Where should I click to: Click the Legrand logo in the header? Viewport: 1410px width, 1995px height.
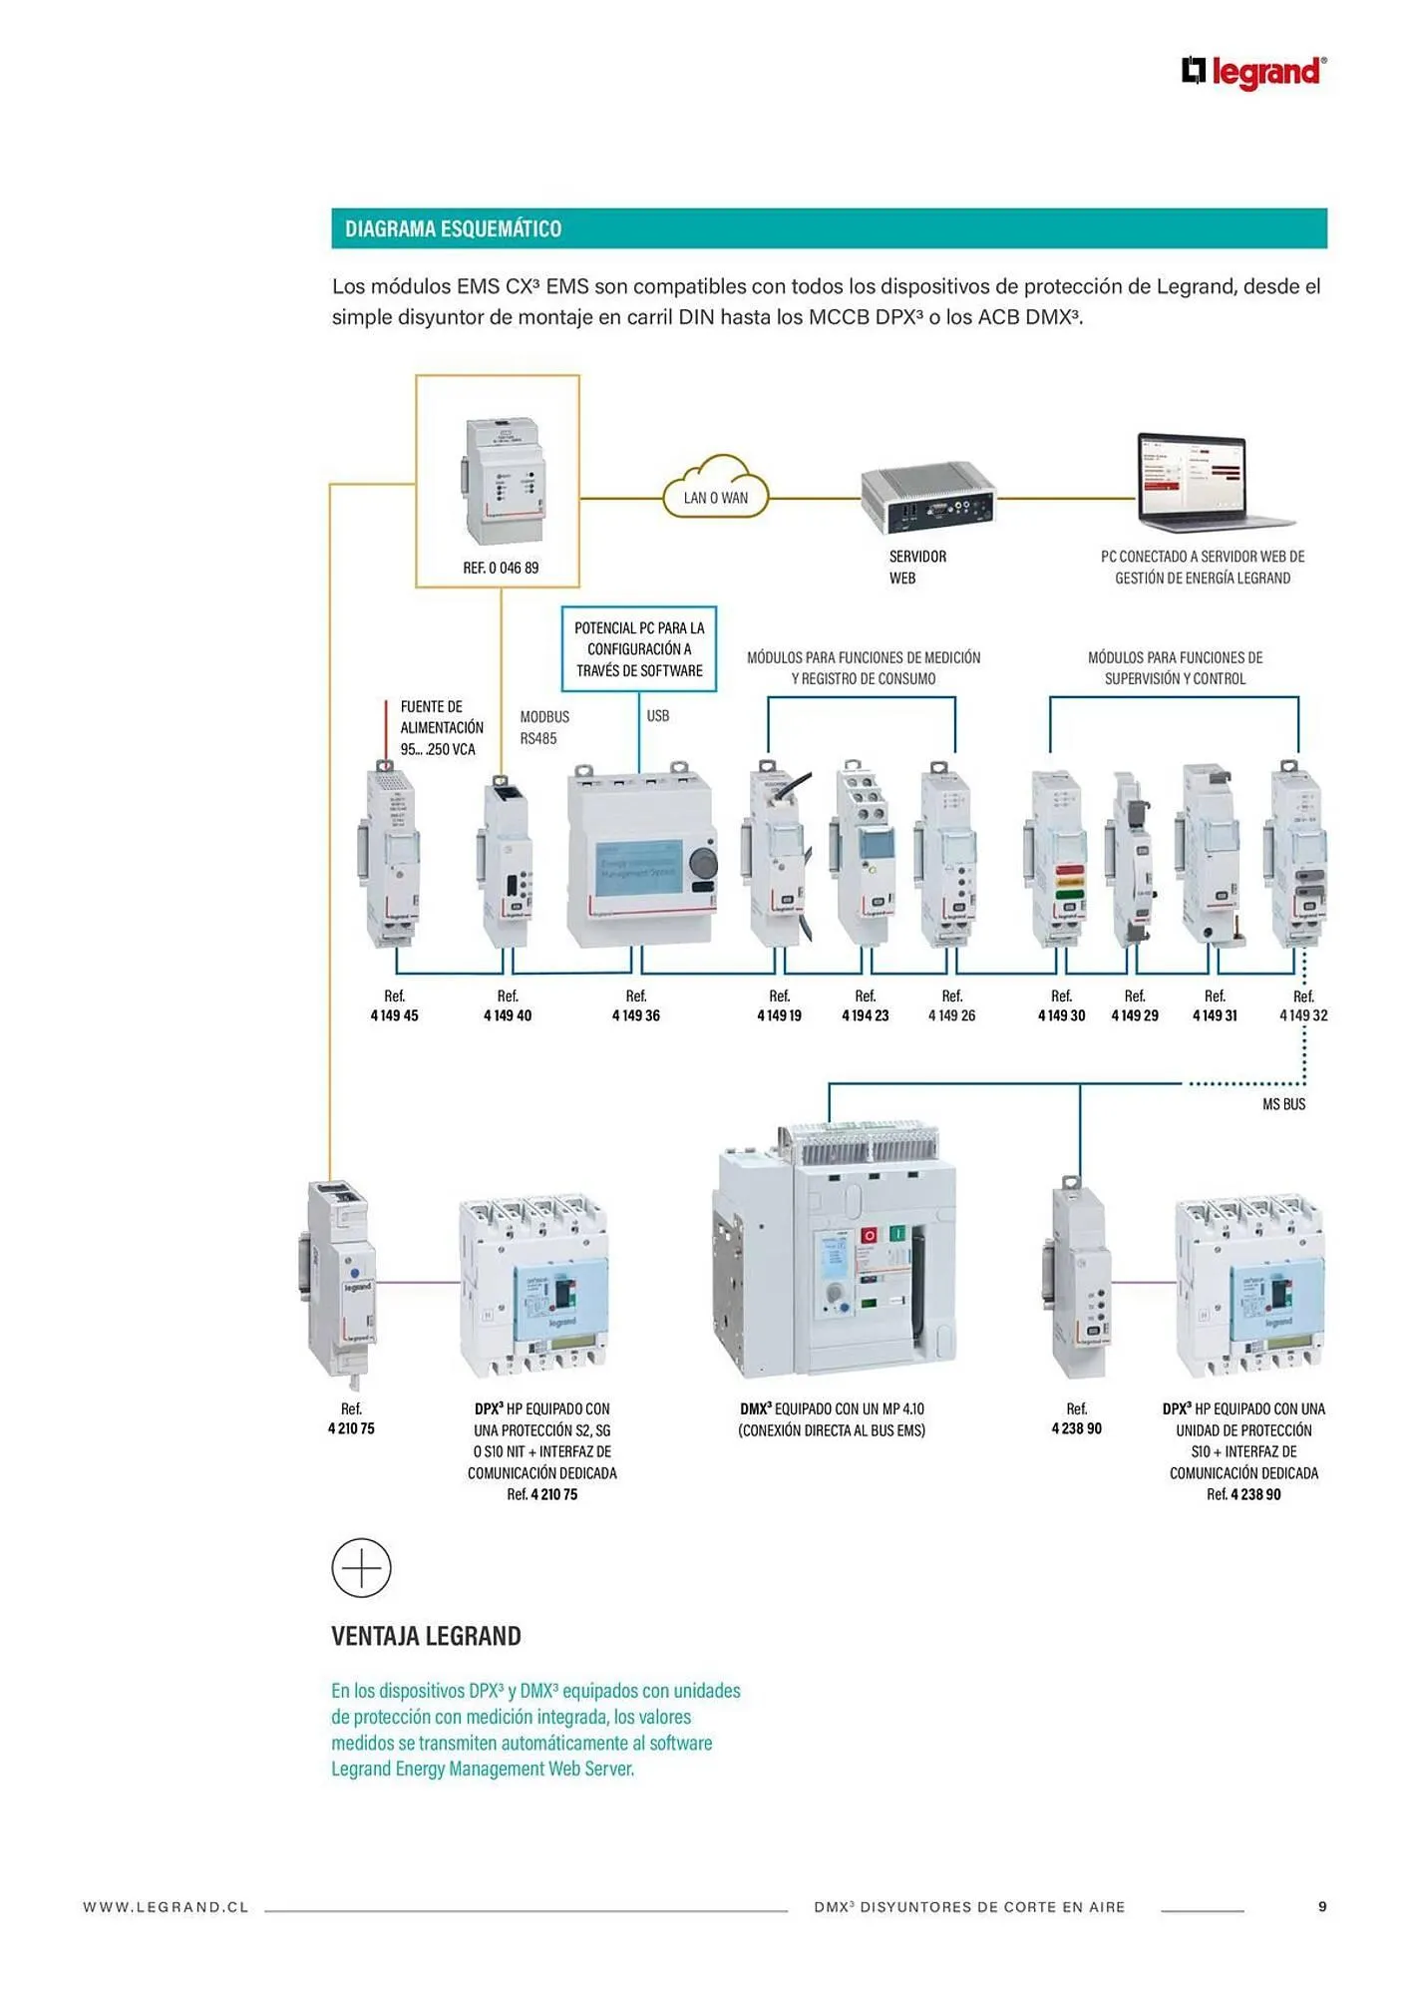(x=1253, y=73)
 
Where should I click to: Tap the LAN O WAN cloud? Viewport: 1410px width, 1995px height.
(x=716, y=490)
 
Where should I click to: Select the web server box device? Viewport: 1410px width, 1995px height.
(x=928, y=497)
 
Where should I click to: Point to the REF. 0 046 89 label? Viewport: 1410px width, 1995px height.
(x=501, y=568)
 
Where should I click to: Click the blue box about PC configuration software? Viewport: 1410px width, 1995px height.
(x=639, y=649)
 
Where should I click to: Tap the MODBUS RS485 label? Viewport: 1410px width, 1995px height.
(x=543, y=727)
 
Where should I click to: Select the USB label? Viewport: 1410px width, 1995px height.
(x=658, y=716)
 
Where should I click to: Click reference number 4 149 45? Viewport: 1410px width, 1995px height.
(x=395, y=1015)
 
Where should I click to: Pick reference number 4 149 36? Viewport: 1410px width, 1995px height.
(x=636, y=1015)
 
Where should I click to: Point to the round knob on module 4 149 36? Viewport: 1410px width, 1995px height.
(x=703, y=862)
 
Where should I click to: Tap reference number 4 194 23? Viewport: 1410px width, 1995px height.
(x=865, y=1015)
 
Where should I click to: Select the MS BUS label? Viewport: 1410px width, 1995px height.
(x=1283, y=1104)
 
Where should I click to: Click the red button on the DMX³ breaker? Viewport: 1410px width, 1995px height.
(x=869, y=1235)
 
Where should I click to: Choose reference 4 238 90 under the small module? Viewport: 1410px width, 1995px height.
(x=1077, y=1428)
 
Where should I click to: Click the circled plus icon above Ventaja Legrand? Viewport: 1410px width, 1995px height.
(x=361, y=1568)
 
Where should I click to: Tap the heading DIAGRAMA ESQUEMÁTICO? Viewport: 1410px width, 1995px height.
(x=453, y=228)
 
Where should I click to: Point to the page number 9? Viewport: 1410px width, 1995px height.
(x=1322, y=1906)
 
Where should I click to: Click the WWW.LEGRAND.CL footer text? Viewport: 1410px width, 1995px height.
(x=166, y=1907)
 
